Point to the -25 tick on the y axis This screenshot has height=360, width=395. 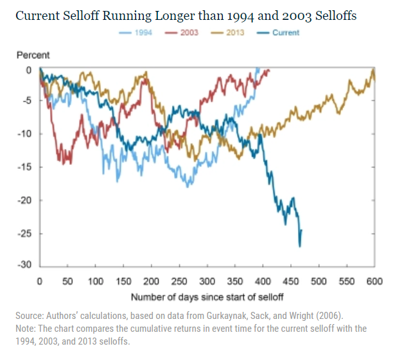26,233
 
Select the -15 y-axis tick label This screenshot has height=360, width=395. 26,167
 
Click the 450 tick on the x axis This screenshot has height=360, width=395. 292,281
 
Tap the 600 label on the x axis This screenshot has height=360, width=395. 375,281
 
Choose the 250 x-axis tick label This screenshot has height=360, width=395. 179,281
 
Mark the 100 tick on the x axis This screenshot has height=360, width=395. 96,281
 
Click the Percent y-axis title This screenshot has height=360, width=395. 33,56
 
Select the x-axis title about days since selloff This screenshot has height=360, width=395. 207,297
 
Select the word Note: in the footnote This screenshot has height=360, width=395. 28,329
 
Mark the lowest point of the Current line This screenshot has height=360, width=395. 299,246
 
